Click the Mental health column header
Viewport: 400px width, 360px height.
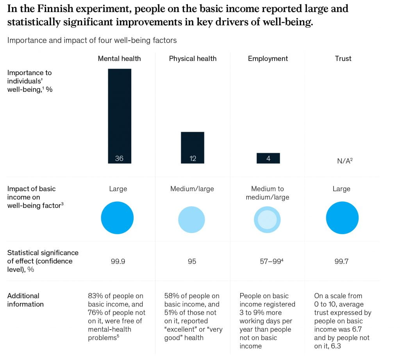119,59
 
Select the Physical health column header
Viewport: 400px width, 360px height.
193,59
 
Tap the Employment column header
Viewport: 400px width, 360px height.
268,59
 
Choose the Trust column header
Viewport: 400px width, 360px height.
343,59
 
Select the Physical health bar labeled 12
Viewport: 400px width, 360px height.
193,147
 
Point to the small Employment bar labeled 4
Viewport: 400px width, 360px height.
268,158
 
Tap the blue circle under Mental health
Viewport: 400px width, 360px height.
117,218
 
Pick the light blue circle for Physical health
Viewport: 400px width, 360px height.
191,220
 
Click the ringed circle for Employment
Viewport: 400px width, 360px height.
267,220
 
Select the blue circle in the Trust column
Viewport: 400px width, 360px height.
342,218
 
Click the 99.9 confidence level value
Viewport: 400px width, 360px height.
118,261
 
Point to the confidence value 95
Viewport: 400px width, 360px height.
192,261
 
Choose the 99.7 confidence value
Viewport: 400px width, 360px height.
341,261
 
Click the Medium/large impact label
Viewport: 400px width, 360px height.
192,189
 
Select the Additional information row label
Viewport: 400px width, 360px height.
25,300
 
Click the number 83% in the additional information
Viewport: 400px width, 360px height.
95,296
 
